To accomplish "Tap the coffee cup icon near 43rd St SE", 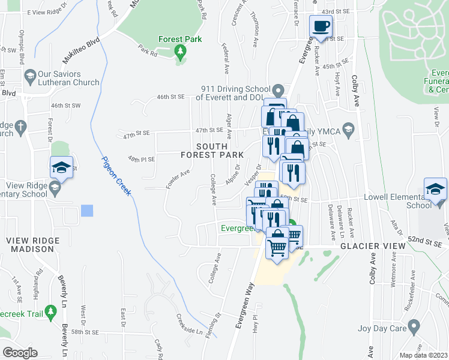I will click(x=319, y=26).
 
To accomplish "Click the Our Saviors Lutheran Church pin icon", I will click(x=29, y=76).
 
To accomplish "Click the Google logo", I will click(x=20, y=353).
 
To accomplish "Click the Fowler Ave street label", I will click(x=178, y=178).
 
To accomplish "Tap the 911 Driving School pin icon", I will click(x=277, y=91).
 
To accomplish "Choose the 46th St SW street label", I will click(x=65, y=106).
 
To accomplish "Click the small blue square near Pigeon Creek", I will click(x=88, y=211).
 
